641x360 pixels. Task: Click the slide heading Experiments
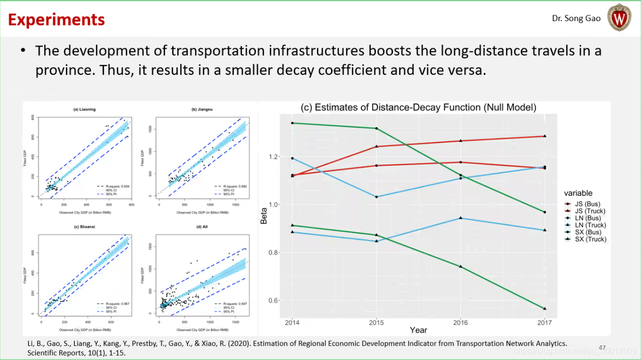click(x=56, y=20)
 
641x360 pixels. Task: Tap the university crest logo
click(x=619, y=18)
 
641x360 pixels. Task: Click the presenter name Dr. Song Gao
click(x=576, y=18)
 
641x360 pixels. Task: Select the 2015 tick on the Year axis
click(x=376, y=322)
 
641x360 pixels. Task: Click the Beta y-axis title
click(x=264, y=217)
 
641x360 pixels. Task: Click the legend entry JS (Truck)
click(x=590, y=211)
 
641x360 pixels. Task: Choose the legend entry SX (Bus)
click(x=588, y=232)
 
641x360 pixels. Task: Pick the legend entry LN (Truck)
click(x=590, y=225)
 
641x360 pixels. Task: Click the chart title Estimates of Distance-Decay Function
click(x=418, y=107)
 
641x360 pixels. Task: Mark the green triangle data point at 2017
click(x=544, y=308)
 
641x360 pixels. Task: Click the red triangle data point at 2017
click(x=544, y=136)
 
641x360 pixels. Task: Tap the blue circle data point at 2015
click(x=376, y=197)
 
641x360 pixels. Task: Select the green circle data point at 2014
click(x=292, y=123)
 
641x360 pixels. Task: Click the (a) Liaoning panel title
click(x=85, y=109)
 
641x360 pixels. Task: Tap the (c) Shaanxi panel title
click(x=85, y=227)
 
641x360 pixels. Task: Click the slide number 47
click(x=602, y=347)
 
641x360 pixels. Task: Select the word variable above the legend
click(x=578, y=193)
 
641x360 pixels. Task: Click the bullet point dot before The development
click(x=23, y=51)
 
